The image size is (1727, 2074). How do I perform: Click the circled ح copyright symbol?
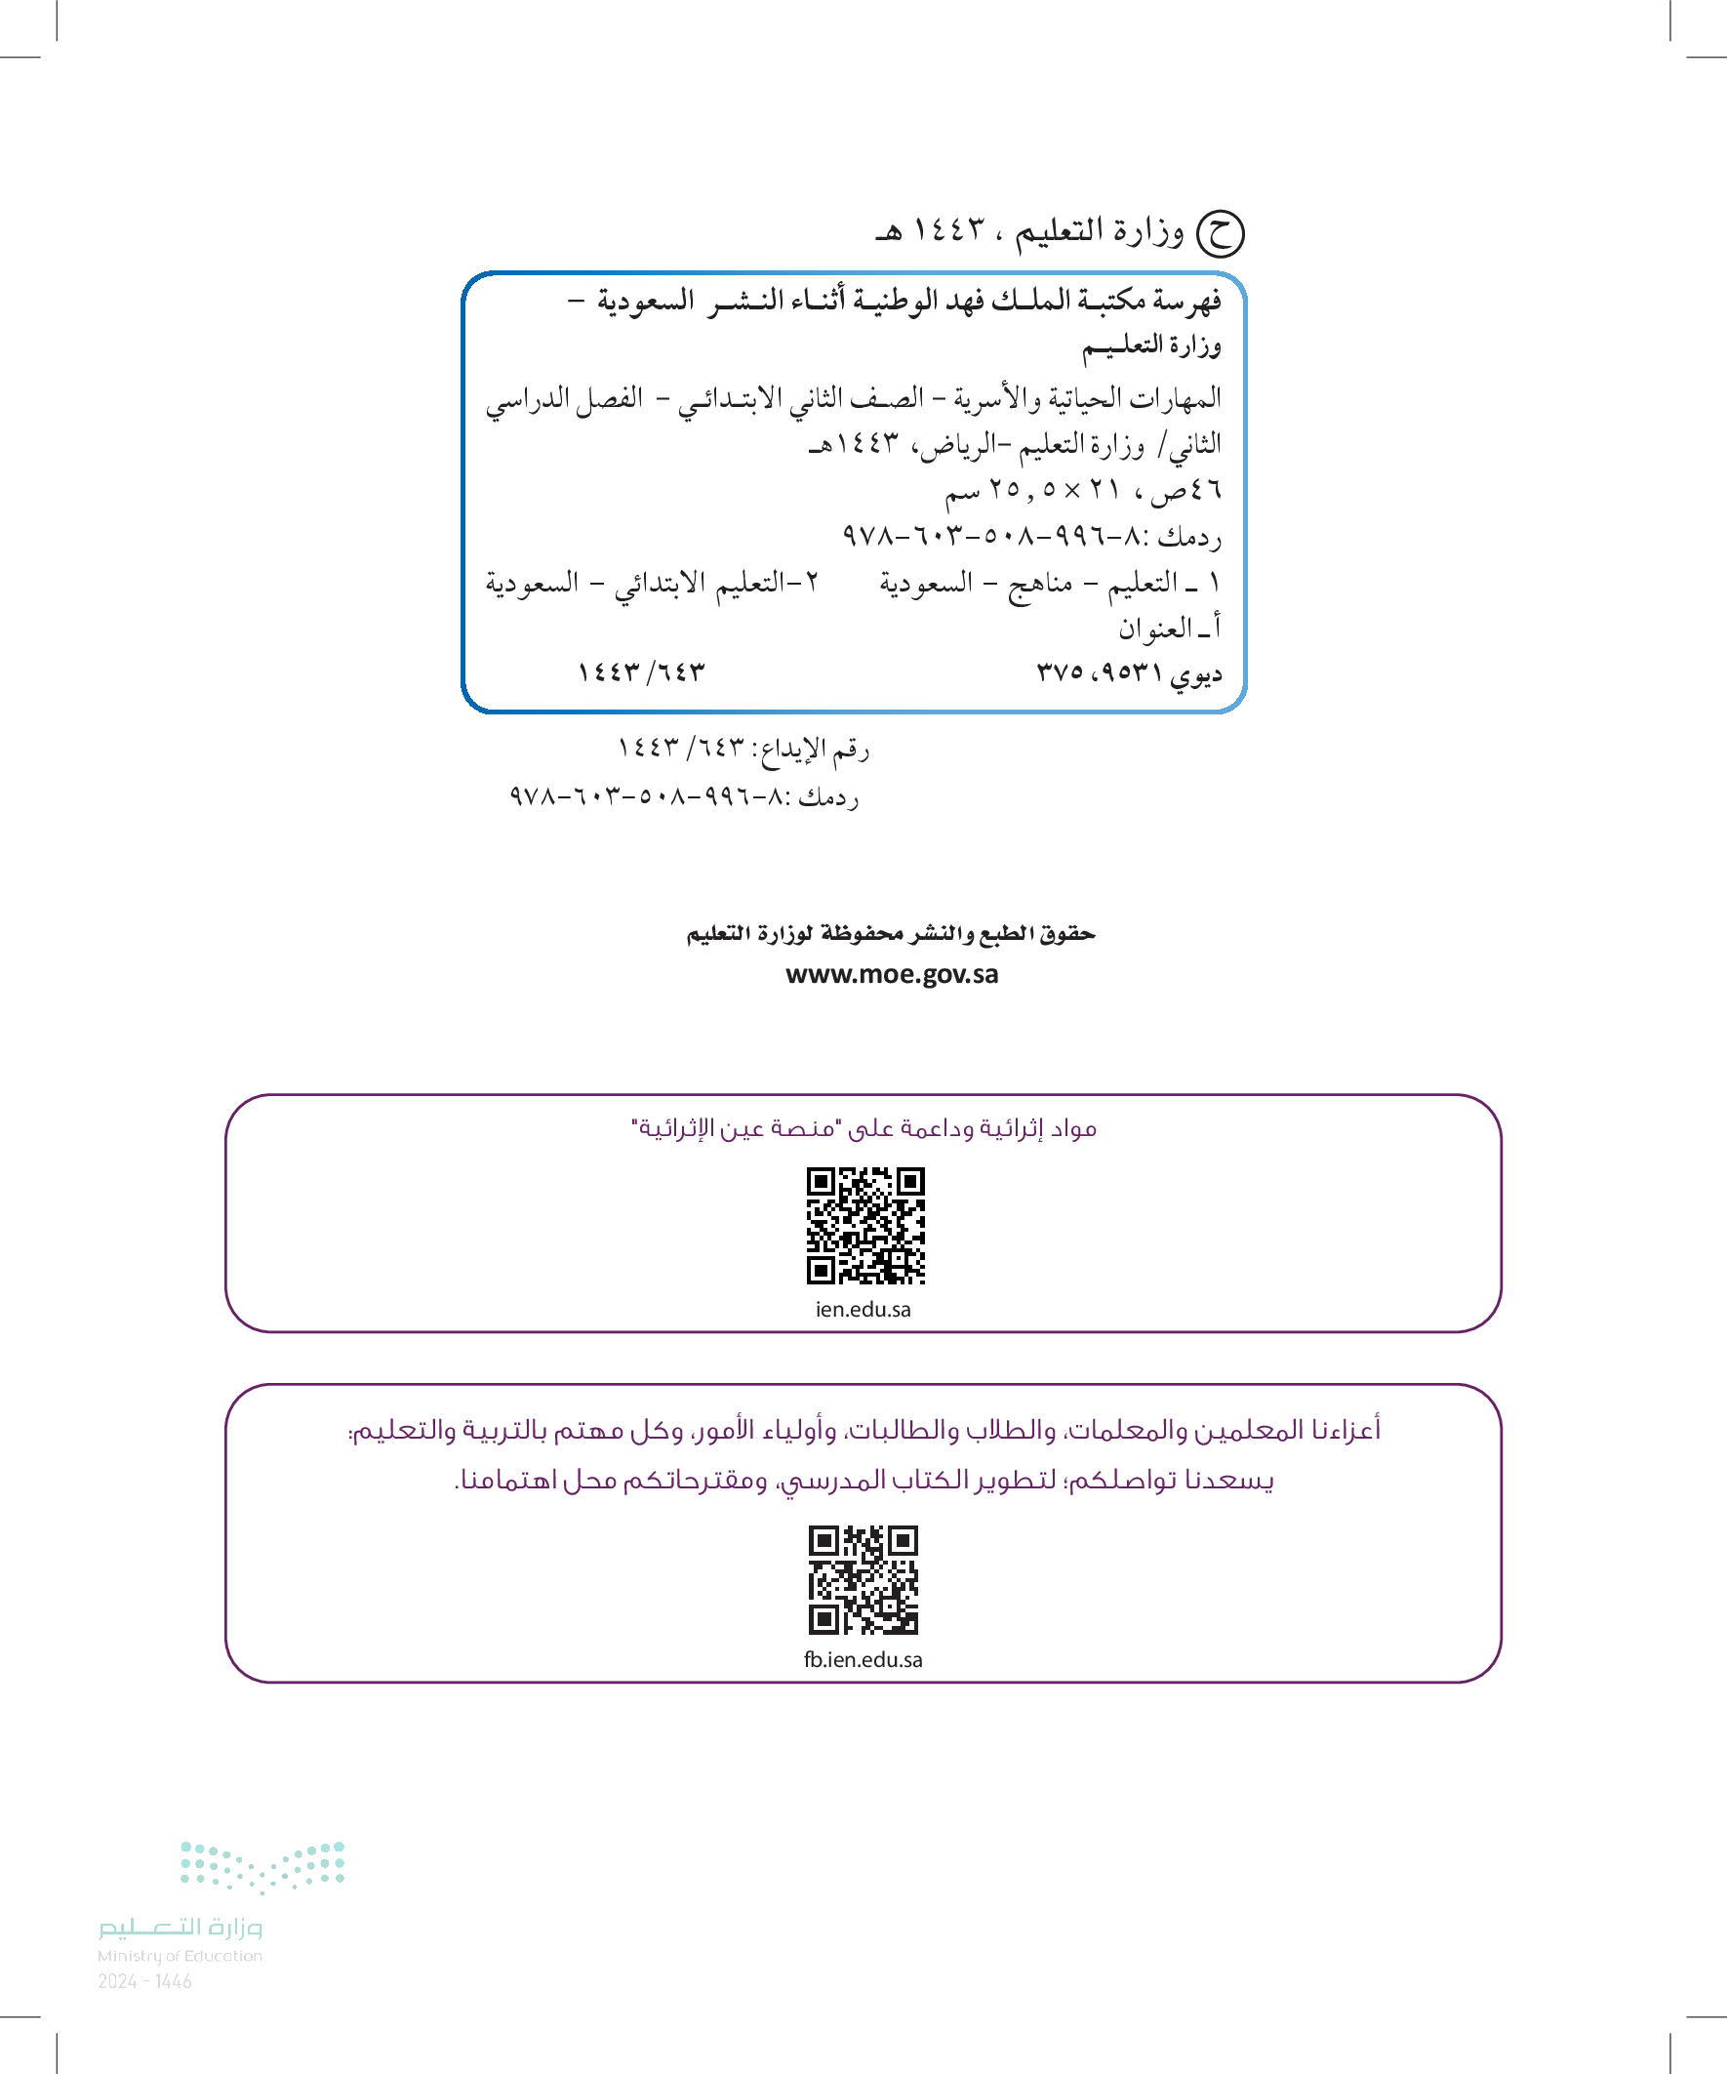click(x=1220, y=234)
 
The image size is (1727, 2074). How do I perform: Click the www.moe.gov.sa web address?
click(x=892, y=975)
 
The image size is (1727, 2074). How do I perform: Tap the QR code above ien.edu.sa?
click(x=865, y=1226)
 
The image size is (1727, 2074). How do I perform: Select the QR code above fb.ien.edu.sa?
click(x=863, y=1579)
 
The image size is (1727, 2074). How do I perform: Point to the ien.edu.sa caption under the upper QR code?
click(x=863, y=1310)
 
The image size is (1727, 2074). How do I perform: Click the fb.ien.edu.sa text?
click(x=863, y=1659)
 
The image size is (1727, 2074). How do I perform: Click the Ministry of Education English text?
click(x=180, y=1956)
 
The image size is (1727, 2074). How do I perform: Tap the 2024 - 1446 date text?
click(x=145, y=1981)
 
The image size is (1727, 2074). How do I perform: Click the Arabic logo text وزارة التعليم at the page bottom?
click(x=180, y=1927)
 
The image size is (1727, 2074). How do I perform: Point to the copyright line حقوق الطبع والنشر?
click(x=891, y=933)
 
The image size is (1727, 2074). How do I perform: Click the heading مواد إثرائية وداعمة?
click(x=864, y=1128)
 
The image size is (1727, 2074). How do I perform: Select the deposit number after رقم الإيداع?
click(x=680, y=748)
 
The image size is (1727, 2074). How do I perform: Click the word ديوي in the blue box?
click(x=1196, y=674)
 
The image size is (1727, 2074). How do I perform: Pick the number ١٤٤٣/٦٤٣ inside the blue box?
click(x=642, y=672)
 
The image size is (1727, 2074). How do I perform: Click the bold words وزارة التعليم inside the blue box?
click(x=1151, y=346)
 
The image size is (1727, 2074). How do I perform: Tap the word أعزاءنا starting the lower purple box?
click(x=1338, y=1429)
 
